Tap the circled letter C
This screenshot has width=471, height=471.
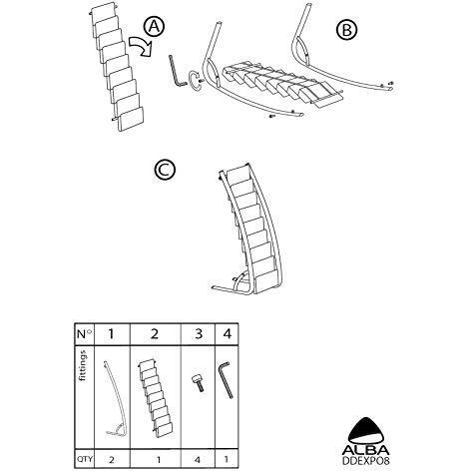coord(166,170)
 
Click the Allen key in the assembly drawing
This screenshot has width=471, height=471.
coord(178,74)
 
